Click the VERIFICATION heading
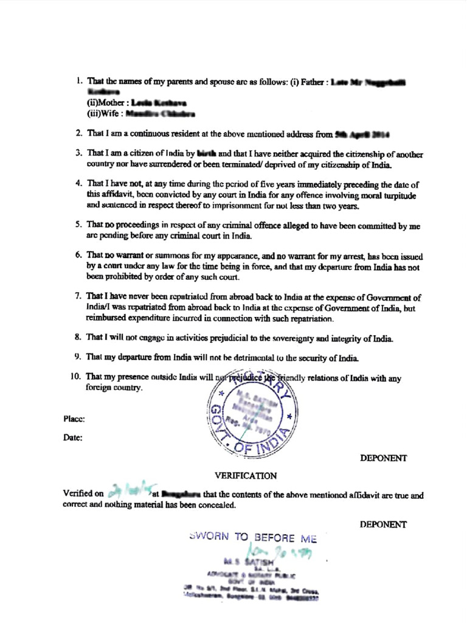tap(246, 475)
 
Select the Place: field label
tap(73, 419)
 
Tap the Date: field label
tap(73, 437)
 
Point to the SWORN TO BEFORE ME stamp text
tap(254, 538)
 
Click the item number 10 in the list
tap(76, 377)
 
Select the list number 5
tap(78, 224)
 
